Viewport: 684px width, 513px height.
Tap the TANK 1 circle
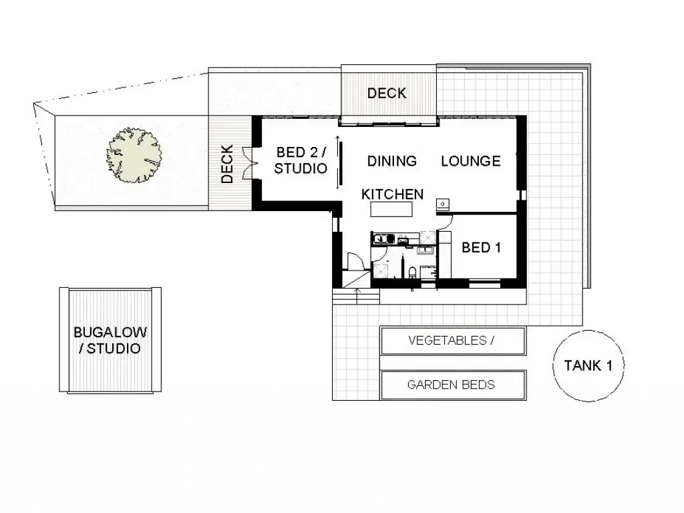click(x=588, y=365)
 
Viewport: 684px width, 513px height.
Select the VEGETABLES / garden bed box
click(x=452, y=341)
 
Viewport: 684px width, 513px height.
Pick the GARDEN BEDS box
click(x=452, y=385)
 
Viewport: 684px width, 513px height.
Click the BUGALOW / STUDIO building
click(x=110, y=340)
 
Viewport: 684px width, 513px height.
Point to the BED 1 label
click(x=481, y=248)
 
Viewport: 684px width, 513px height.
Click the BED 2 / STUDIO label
click(x=301, y=161)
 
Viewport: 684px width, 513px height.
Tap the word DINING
click(x=392, y=161)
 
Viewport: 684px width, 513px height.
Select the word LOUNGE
click(x=470, y=161)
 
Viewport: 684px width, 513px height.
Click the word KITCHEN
click(x=392, y=194)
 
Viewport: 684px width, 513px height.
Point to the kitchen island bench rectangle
click(x=391, y=209)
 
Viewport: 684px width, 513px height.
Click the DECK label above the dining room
click(x=387, y=94)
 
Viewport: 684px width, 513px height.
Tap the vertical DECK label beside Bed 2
click(x=227, y=164)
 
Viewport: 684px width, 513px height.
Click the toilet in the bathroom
click(x=413, y=271)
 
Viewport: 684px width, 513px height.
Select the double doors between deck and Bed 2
click(x=248, y=162)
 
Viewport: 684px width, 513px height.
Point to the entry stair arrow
click(x=358, y=293)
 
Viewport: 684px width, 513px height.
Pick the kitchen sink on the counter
click(x=383, y=238)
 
